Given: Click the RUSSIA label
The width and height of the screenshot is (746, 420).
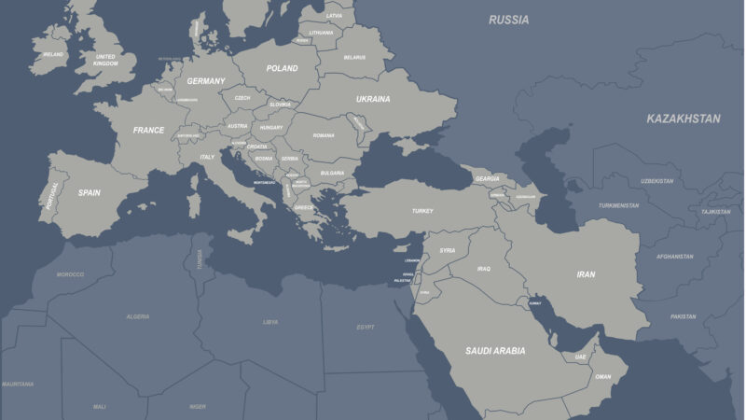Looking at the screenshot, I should [x=508, y=20].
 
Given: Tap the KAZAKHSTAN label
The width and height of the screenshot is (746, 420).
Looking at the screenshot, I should [x=684, y=119].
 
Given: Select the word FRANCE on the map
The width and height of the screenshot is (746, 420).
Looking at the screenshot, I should [x=148, y=131].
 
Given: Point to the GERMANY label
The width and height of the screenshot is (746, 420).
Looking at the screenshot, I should [x=205, y=81].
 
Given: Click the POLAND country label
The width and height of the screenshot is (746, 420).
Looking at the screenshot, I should [x=282, y=68].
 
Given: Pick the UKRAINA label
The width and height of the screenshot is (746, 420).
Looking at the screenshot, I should [x=373, y=99].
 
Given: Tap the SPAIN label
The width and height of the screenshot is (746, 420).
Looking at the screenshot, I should [x=89, y=193].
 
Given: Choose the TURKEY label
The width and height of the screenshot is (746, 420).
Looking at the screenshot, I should [x=422, y=211].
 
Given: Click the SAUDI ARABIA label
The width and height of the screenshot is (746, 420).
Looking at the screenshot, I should [x=495, y=351].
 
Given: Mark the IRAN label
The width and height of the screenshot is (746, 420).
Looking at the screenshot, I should [x=586, y=274].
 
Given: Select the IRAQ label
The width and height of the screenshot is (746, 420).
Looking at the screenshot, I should [x=483, y=269].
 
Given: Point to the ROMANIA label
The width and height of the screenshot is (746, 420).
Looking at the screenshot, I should [x=324, y=135].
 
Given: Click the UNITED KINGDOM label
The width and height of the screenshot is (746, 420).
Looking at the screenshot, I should [x=106, y=60].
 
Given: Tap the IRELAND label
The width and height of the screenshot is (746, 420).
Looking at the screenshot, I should [x=53, y=54].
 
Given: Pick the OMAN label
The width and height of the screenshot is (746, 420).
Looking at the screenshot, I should [x=603, y=377].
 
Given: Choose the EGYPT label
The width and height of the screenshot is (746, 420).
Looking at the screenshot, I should [x=366, y=327].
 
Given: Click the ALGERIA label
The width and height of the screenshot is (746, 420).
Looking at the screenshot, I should [x=138, y=316].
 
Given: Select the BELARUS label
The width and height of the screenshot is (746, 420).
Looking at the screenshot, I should [x=354, y=57].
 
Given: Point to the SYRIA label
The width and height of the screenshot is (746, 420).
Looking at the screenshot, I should [x=448, y=250].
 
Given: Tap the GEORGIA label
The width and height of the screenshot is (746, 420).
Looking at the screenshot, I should [x=487, y=179].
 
